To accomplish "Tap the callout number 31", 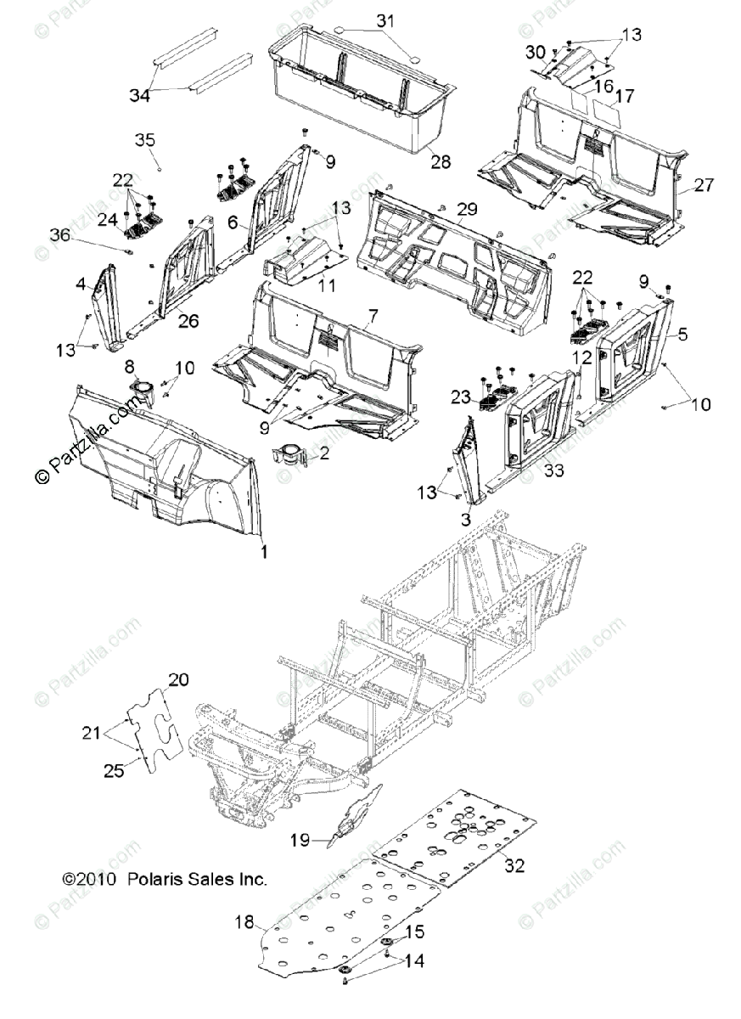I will pos(385,20).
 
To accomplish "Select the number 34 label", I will pos(139,96).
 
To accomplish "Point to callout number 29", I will pos(466,209).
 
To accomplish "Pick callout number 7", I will pos(371,317).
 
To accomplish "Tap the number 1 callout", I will pos(264,551).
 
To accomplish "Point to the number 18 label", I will pos(244,921).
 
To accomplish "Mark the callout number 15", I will pos(415,932).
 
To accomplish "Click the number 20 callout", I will pos(179,679).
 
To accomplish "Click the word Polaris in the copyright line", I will pos(154,880).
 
